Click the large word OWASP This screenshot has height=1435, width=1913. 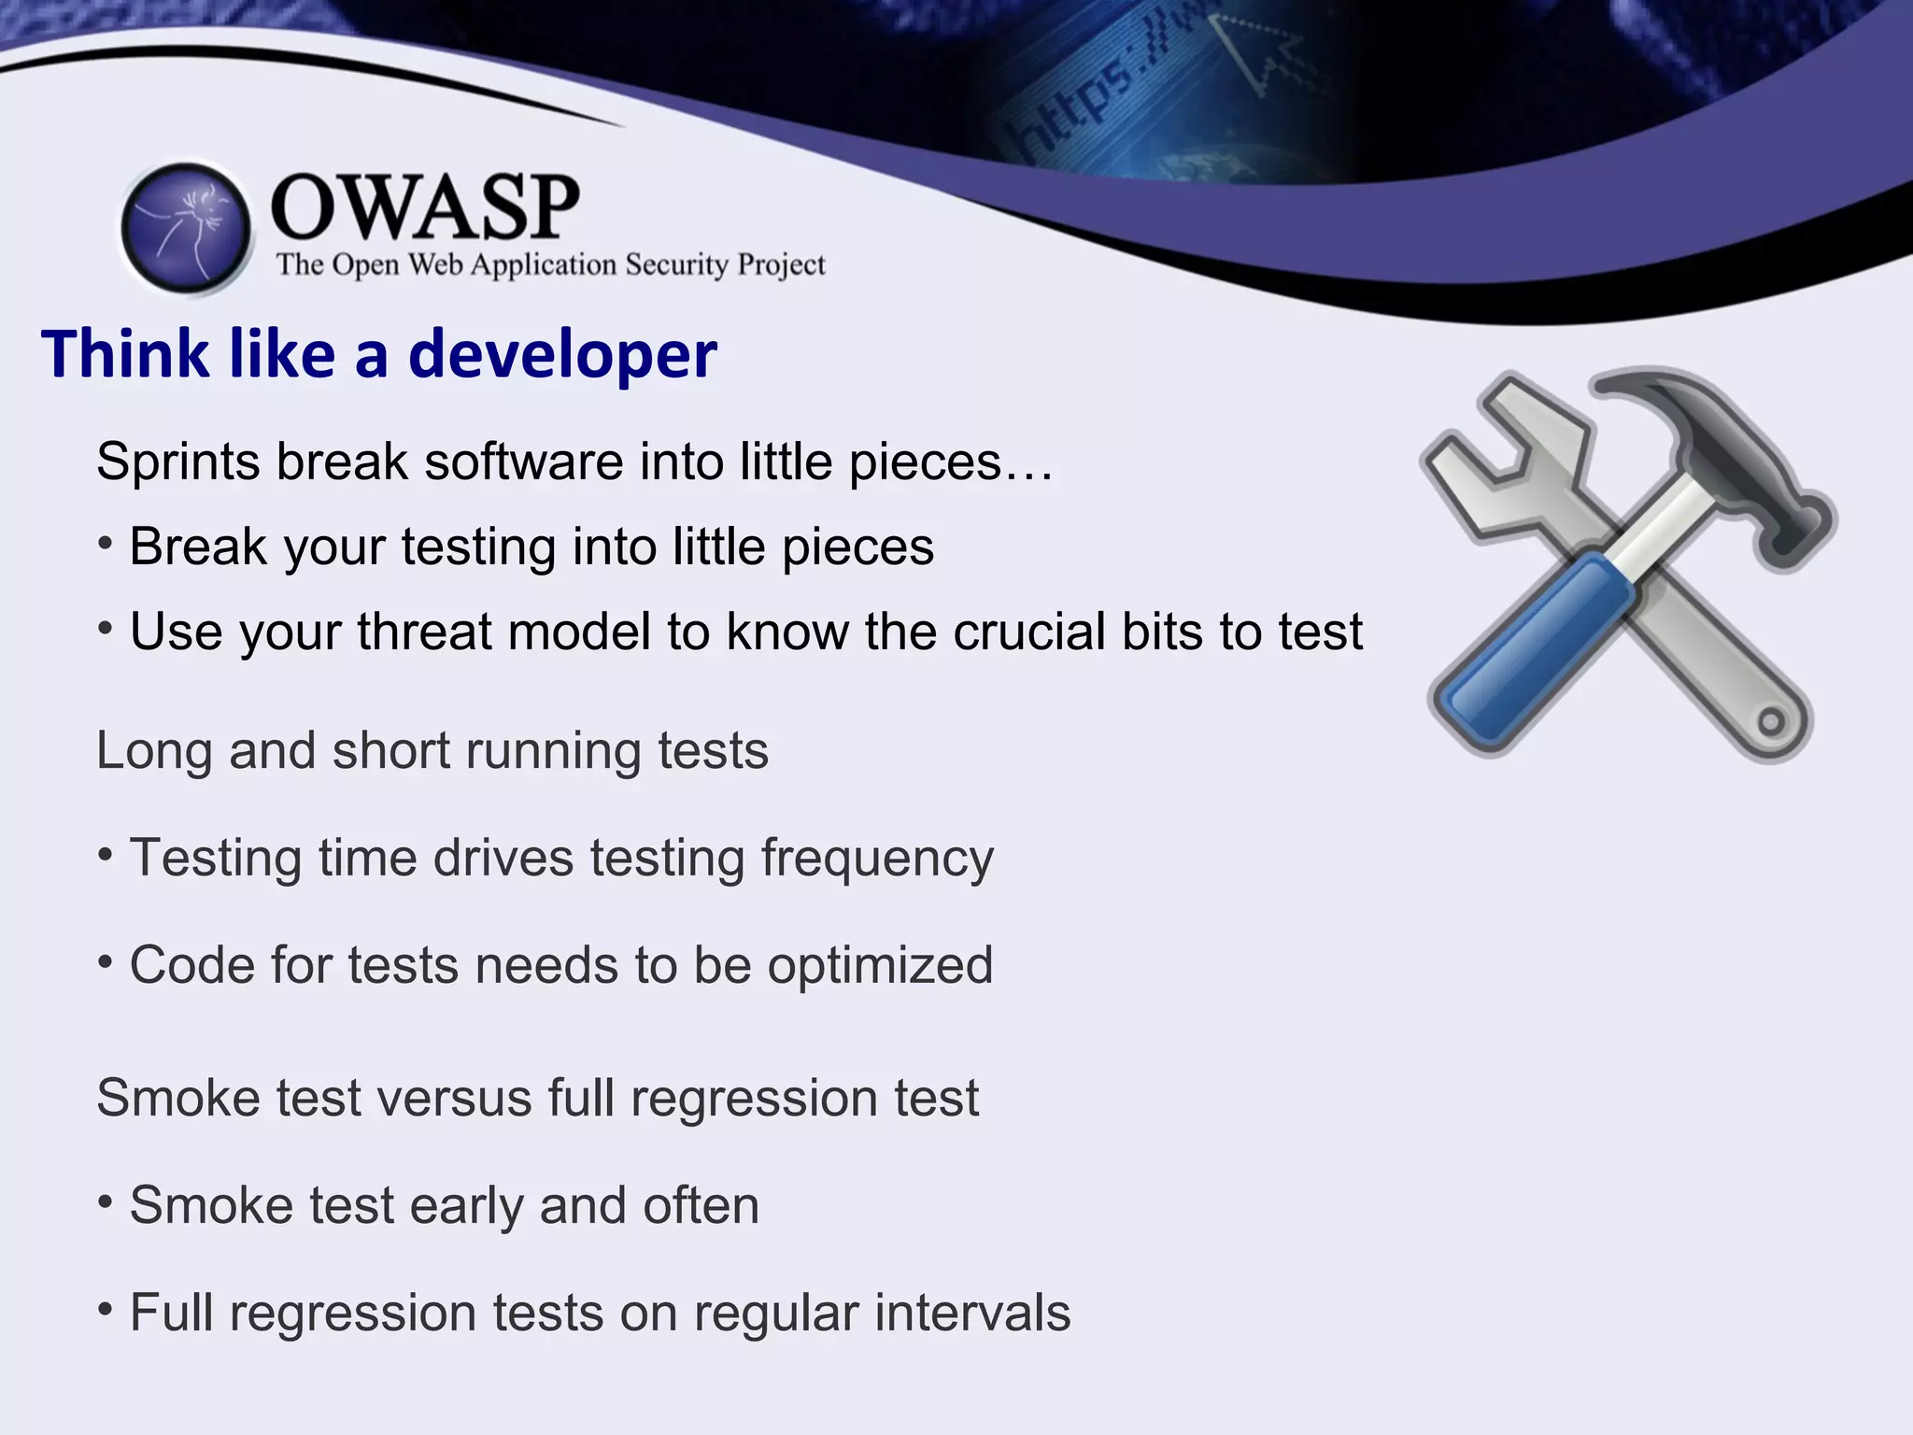tap(425, 207)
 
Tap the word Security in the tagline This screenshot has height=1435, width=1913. tap(676, 265)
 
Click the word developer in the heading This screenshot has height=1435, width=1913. tap(562, 355)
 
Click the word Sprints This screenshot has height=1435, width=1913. tap(177, 462)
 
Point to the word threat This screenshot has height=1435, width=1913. tap(425, 632)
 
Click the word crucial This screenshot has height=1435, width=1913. tap(1028, 632)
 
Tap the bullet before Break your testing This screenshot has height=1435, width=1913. tap(106, 543)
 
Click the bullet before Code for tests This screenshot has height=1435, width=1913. tap(106, 961)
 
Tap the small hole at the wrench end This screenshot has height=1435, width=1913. tap(1771, 721)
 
